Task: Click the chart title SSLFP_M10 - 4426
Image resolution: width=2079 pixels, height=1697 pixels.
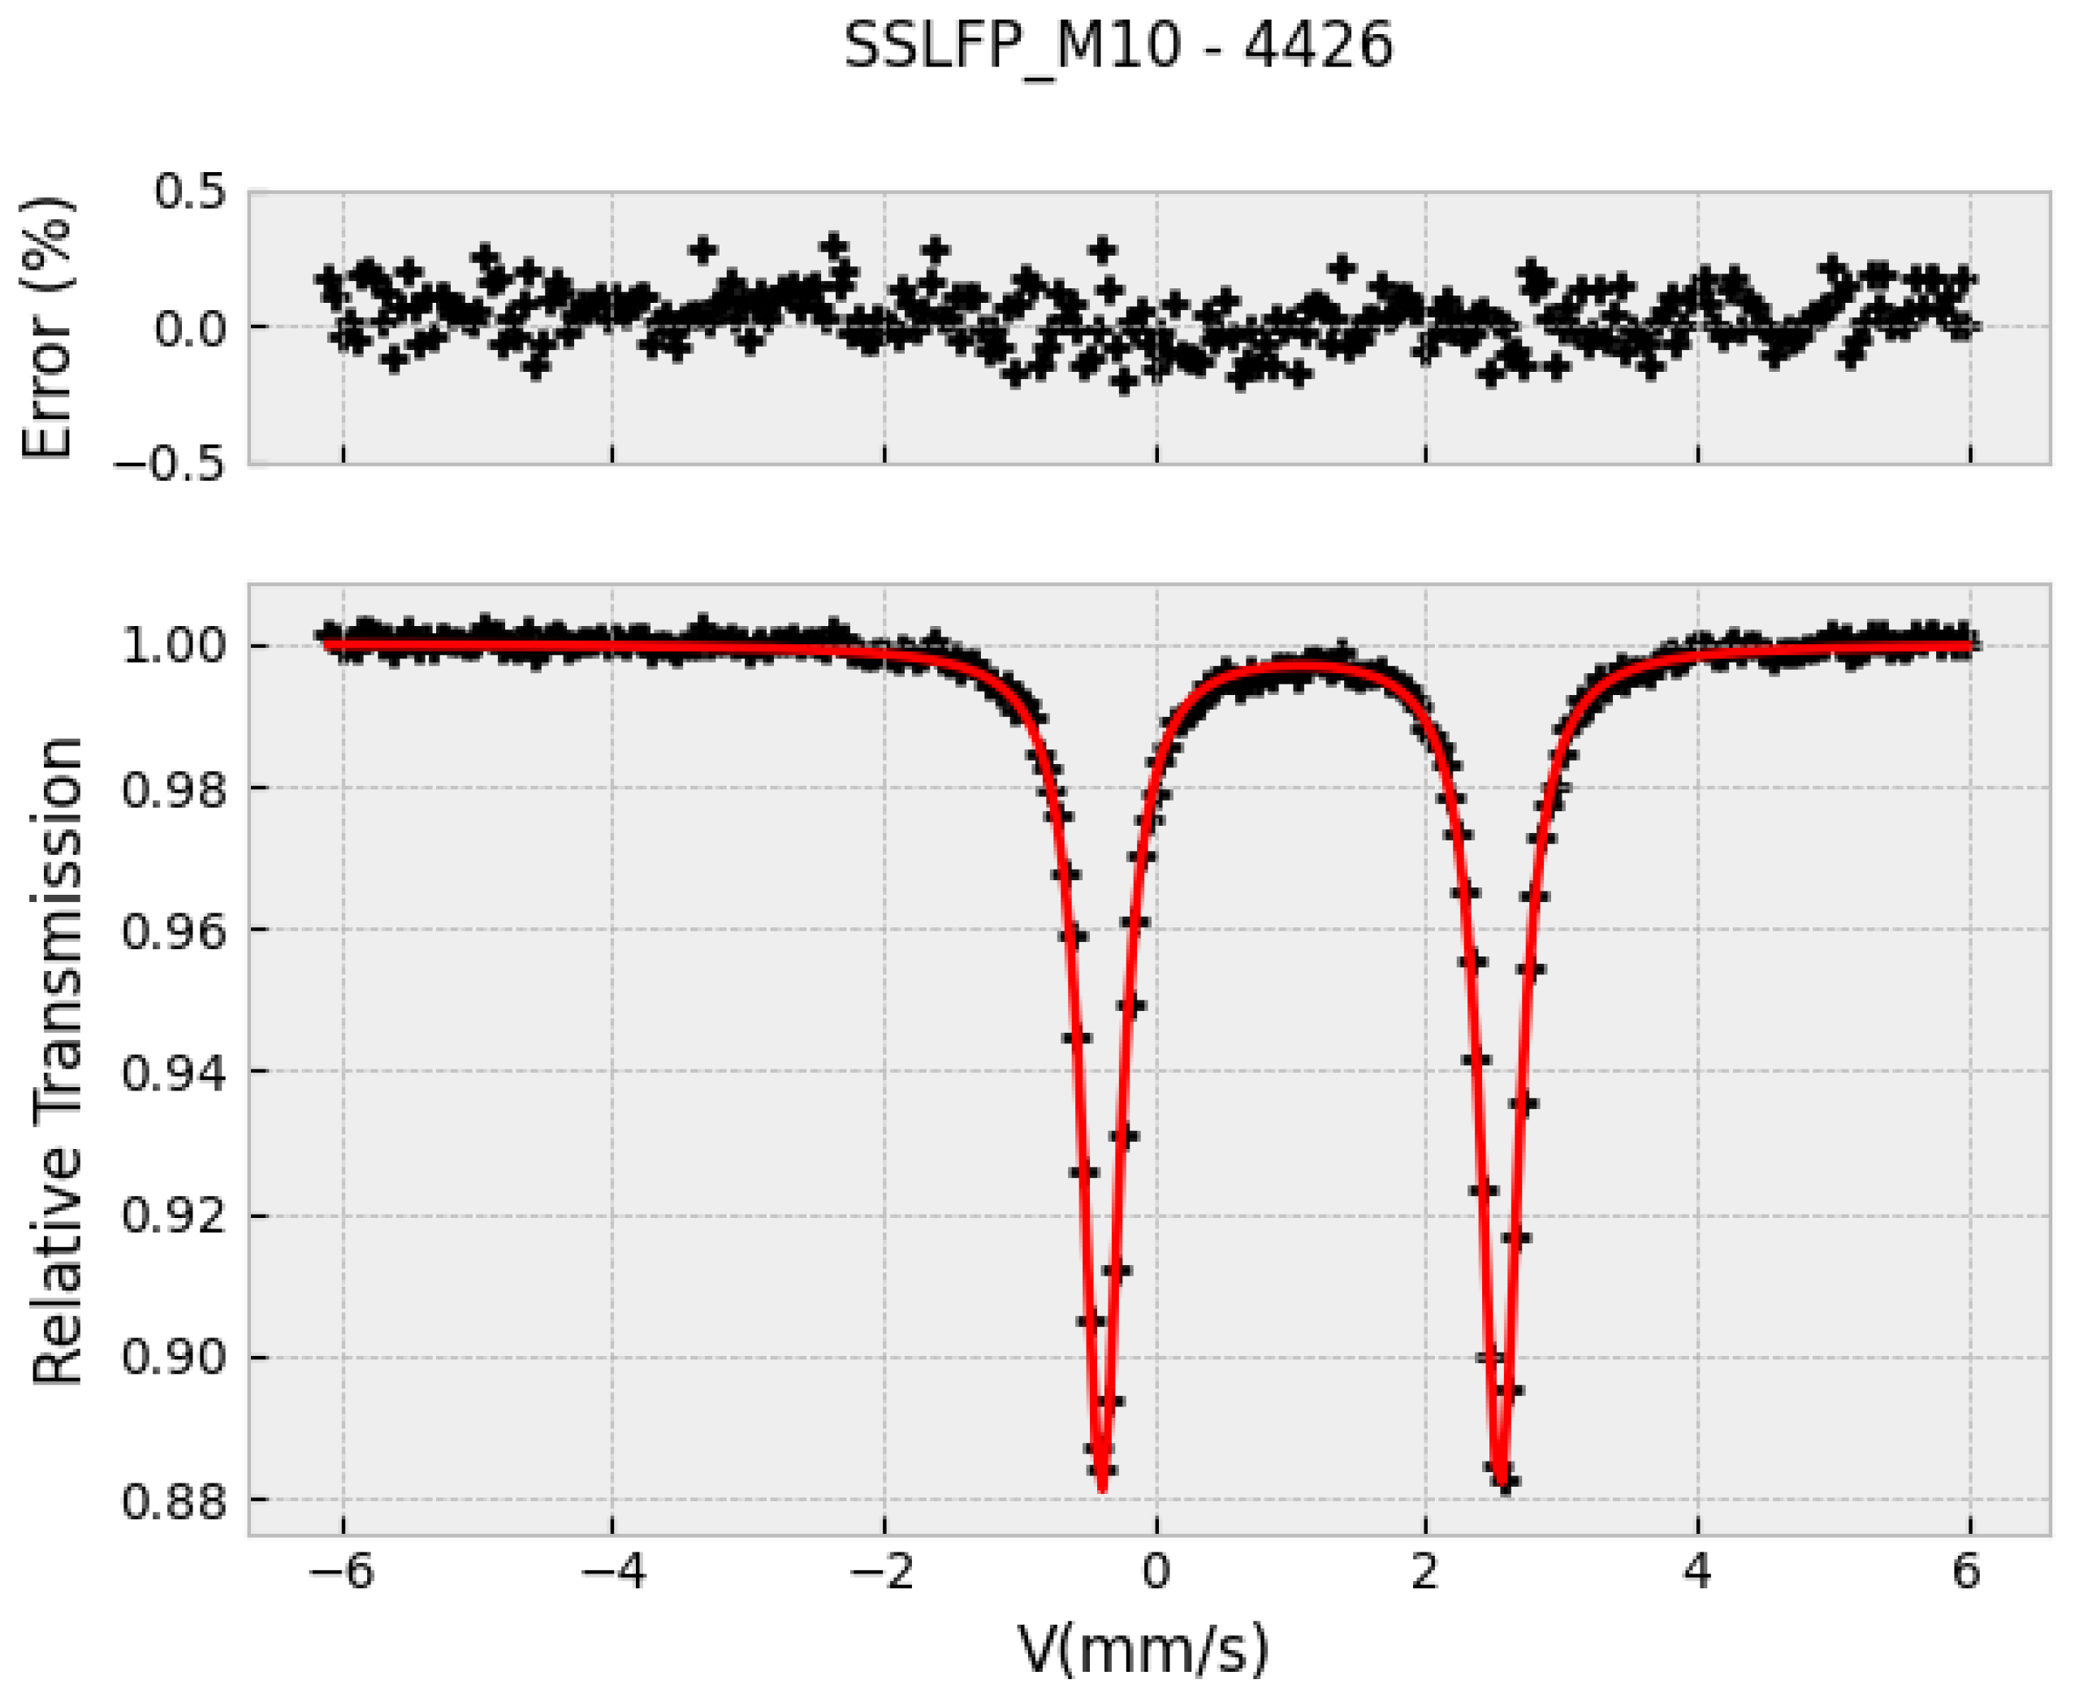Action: (x=1117, y=46)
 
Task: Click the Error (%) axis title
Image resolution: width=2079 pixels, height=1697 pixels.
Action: (x=48, y=326)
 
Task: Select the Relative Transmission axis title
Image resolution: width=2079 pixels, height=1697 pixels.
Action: (x=57, y=1060)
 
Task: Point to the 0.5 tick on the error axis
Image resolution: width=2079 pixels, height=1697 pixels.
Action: (x=188, y=192)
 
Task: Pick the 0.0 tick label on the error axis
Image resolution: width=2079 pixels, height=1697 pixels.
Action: (x=188, y=327)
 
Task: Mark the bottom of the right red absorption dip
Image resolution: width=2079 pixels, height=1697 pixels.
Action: (x=1502, y=1486)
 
